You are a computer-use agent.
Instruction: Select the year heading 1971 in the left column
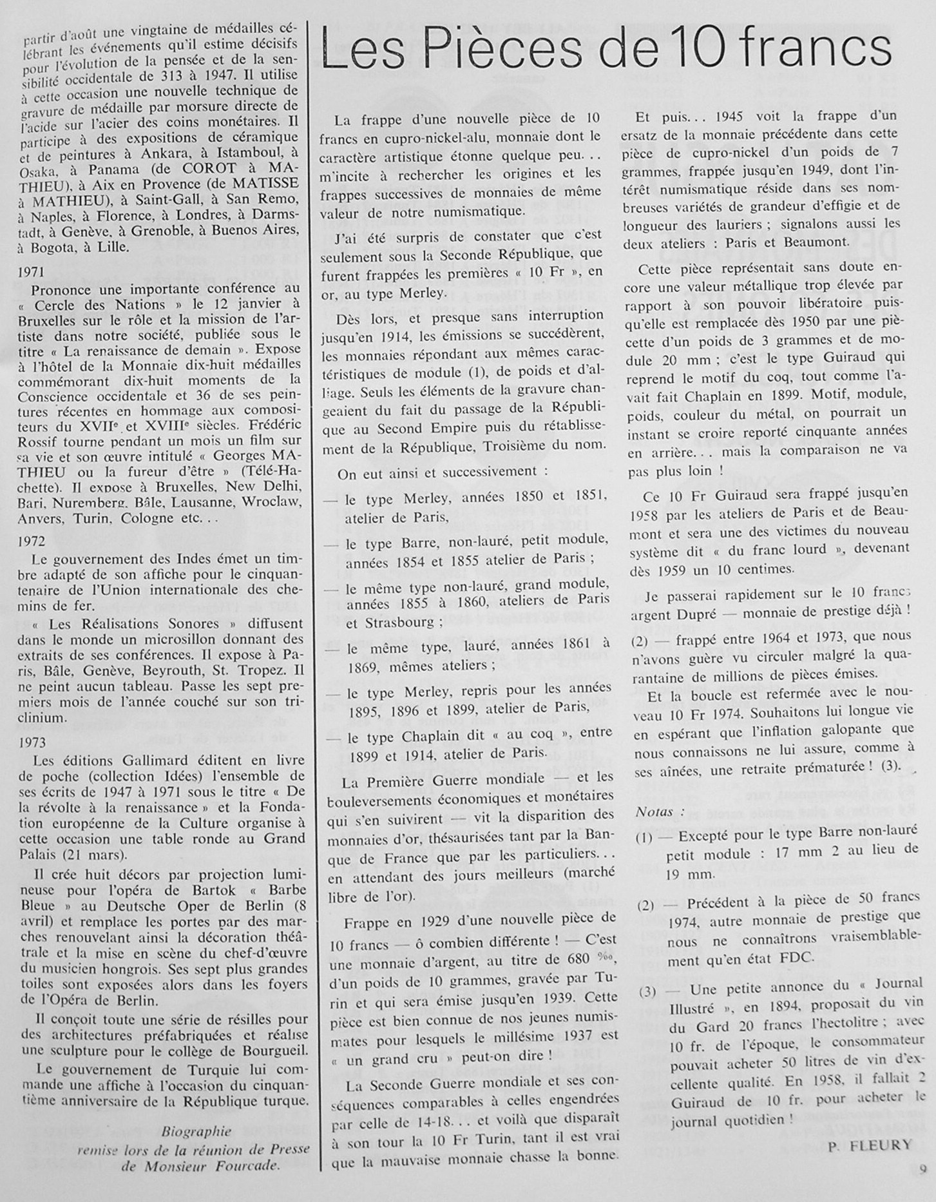click(33, 272)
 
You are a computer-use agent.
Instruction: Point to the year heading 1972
click(33, 541)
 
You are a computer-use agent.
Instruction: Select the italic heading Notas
click(654, 812)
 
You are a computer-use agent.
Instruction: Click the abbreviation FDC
click(797, 958)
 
